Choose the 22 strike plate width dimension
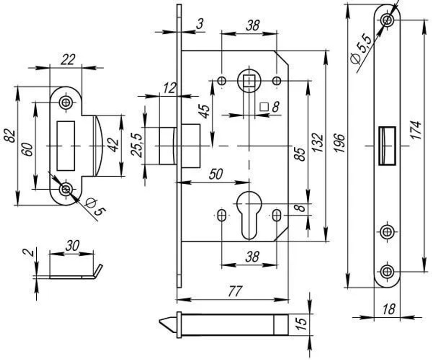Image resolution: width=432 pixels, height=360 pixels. (x=67, y=60)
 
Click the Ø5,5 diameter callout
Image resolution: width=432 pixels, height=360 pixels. (x=361, y=48)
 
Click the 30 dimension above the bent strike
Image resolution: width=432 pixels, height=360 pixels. (x=72, y=245)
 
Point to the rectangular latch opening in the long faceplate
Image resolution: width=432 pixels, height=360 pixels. (x=387, y=146)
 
